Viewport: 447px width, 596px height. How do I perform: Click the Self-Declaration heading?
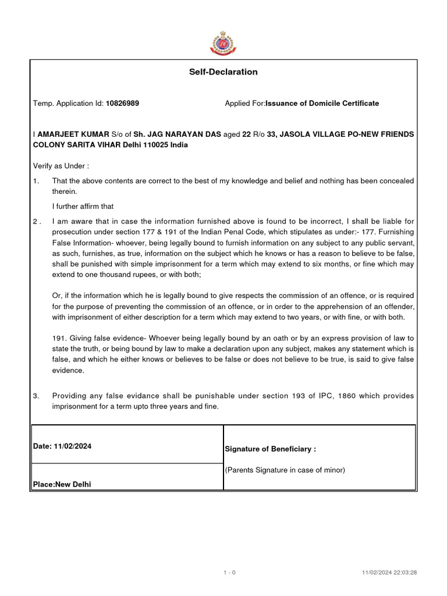223,72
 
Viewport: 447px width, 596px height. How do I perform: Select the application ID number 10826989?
122,104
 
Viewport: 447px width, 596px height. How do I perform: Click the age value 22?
246,134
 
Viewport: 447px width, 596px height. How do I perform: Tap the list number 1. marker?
37,181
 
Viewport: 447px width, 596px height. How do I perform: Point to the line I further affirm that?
83,206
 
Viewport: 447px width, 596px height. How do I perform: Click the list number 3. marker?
37,396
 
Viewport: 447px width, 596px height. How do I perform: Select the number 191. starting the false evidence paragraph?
60,338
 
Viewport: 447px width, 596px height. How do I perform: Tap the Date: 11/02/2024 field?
62,446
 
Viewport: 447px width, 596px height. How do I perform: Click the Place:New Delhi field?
62,484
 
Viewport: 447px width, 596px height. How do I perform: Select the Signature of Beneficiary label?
270,449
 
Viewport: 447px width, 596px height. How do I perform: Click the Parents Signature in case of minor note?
285,470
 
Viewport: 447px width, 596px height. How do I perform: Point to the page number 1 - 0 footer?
229,573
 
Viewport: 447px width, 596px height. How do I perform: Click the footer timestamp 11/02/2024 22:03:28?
389,573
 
